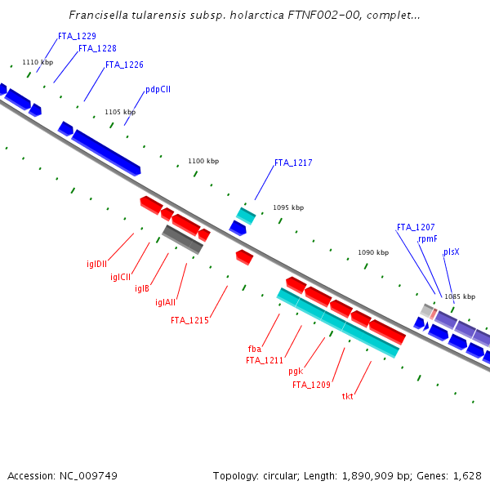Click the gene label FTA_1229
tap(77, 36)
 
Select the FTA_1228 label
tap(97, 48)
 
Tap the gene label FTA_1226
tap(124, 65)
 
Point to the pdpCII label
tap(158, 89)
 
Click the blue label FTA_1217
tap(293, 163)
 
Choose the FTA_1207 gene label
tap(416, 227)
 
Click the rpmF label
tap(428, 238)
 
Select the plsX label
tap(451, 252)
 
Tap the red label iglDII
tap(97, 264)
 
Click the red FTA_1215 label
tap(189, 320)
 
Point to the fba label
tap(255, 349)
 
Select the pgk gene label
tap(296, 371)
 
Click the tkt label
tap(348, 396)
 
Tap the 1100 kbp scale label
tap(203, 161)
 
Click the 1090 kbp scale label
tap(373, 253)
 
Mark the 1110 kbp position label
tap(38, 62)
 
